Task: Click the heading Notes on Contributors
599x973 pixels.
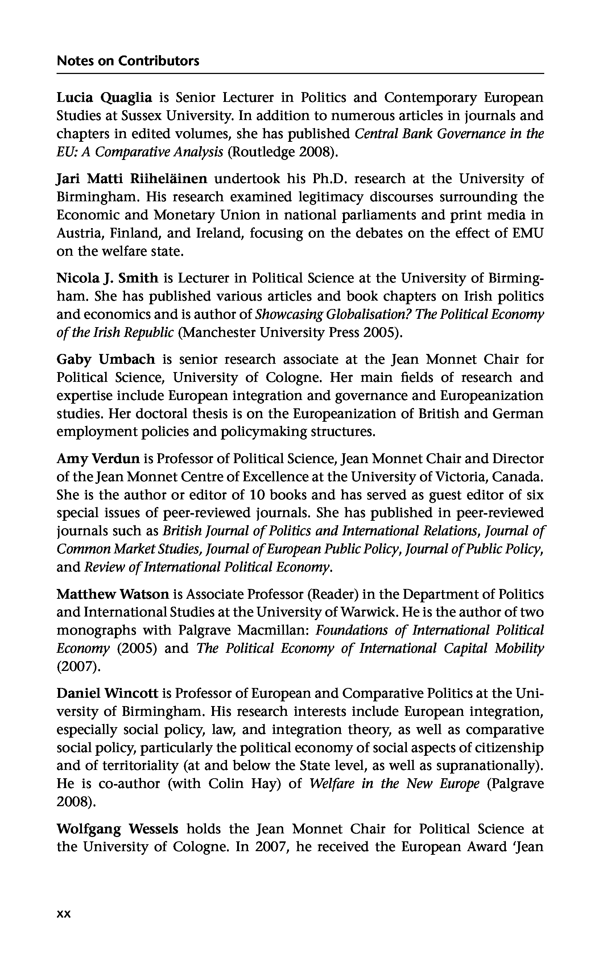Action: click(x=128, y=61)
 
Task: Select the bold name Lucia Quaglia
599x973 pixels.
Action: click(x=104, y=97)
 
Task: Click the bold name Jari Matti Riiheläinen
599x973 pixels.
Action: click(x=132, y=179)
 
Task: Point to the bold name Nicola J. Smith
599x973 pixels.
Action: click(x=107, y=278)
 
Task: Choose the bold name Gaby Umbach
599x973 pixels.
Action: click(x=106, y=359)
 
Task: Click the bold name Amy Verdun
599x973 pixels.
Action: click(x=98, y=459)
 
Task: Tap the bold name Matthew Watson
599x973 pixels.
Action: click(x=113, y=594)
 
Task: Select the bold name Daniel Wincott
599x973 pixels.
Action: click(x=107, y=693)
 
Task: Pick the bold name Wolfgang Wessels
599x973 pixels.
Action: click(x=117, y=829)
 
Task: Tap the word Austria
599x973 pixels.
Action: click(x=80, y=233)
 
